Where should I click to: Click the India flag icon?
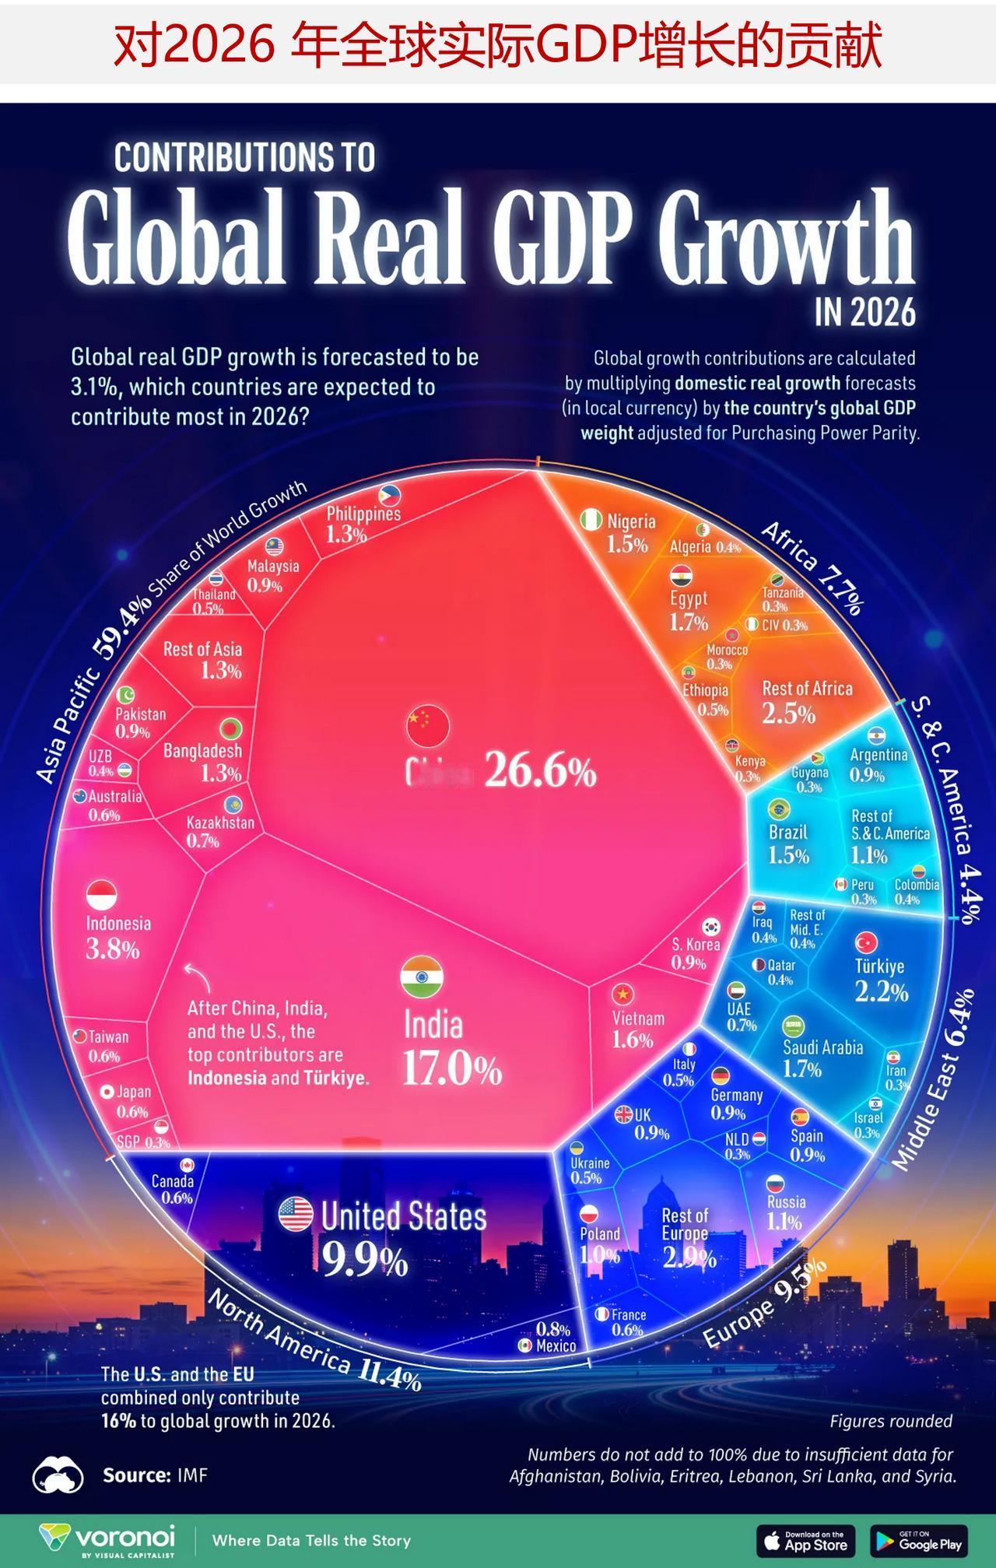pyautogui.click(x=422, y=977)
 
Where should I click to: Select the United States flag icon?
pyautogui.click(x=296, y=1215)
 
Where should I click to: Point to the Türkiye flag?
pyautogui.click(x=866, y=943)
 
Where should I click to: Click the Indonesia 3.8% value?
pyautogui.click(x=114, y=949)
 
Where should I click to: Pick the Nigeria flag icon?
pyautogui.click(x=591, y=519)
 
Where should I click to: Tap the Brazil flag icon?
pyautogui.click(x=778, y=809)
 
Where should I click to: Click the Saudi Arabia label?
pyautogui.click(x=822, y=1047)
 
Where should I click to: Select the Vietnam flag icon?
pyautogui.click(x=622, y=994)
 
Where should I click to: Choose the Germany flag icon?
pyautogui.click(x=721, y=1076)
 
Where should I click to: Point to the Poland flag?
pyautogui.click(x=588, y=1213)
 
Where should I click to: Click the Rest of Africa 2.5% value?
pyautogui.click(x=789, y=714)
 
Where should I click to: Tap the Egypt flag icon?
pyautogui.click(x=681, y=576)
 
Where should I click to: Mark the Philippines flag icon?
pyautogui.click(x=390, y=494)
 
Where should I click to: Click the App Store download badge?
pyautogui.click(x=805, y=1540)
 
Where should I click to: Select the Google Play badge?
pyautogui.click(x=918, y=1540)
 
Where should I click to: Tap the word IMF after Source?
pyautogui.click(x=192, y=1475)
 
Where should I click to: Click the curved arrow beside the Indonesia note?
pyautogui.click(x=191, y=975)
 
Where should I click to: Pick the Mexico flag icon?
pyautogui.click(x=525, y=1345)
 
